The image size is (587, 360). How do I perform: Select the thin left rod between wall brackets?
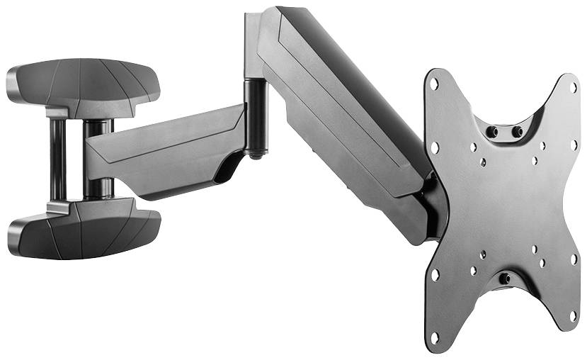tap(57, 159)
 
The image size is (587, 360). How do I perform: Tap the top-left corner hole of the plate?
tap(434, 84)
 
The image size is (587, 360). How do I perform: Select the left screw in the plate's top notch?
tap(491, 132)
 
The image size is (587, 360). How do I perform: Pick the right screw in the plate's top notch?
tap(517, 132)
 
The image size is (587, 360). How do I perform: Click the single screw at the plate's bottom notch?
tap(504, 279)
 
